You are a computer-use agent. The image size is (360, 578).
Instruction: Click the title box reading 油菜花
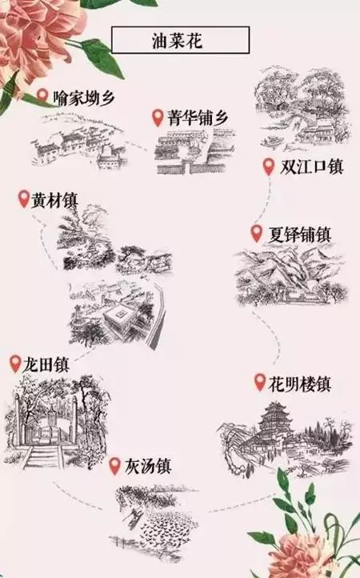click(x=180, y=40)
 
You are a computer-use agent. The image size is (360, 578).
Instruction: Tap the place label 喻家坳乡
click(x=84, y=98)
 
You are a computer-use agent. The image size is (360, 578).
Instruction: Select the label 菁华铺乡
click(x=198, y=118)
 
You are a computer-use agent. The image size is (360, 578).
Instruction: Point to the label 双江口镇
click(x=311, y=167)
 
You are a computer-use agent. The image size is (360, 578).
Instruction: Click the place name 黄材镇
click(x=54, y=200)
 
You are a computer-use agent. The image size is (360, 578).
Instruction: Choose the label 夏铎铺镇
click(x=299, y=235)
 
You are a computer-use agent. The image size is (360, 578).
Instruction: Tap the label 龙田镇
click(x=46, y=364)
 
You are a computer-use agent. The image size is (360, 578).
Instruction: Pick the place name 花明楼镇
click(x=299, y=383)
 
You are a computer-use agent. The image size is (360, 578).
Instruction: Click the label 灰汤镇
click(x=147, y=466)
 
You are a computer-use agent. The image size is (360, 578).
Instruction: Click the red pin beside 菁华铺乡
click(x=158, y=117)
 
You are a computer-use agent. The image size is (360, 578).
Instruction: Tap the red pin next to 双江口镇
click(x=269, y=167)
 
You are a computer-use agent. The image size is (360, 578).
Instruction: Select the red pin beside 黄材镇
click(x=24, y=199)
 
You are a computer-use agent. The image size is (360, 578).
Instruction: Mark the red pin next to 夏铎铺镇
click(x=257, y=234)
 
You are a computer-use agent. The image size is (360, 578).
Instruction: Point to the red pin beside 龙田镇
click(x=15, y=363)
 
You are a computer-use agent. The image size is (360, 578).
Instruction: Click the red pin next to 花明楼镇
click(x=260, y=382)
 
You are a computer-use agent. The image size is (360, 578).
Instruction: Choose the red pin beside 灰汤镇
click(x=115, y=466)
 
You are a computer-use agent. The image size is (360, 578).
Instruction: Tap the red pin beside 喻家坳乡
click(x=42, y=96)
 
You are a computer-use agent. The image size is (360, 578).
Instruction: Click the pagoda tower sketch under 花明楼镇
click(x=273, y=421)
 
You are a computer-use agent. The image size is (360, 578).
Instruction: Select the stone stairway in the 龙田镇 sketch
click(x=43, y=457)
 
